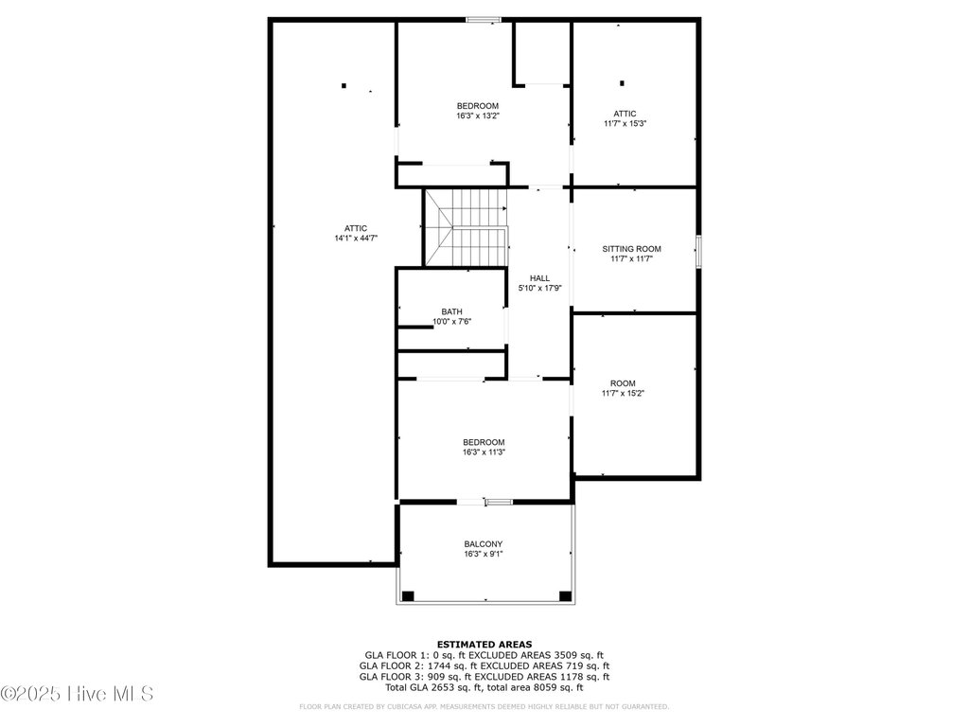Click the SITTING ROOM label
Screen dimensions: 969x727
631,249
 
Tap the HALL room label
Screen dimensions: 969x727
539,278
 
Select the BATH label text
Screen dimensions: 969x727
451,311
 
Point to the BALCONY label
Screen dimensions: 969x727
484,544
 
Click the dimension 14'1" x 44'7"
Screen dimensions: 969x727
356,238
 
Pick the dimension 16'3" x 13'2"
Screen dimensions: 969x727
478,115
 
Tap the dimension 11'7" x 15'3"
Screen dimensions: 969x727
625,124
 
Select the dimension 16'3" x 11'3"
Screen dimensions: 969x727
484,452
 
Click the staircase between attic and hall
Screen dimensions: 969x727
466,227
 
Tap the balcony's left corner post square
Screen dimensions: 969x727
408,596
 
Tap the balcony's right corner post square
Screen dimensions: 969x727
566,596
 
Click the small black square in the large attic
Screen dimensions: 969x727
344,85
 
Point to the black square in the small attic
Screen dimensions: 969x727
623,83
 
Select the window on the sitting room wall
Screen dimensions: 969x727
699,251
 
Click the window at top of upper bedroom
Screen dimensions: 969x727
484,20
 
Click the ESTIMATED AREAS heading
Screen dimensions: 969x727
484,644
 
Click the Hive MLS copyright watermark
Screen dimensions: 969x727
77,694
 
